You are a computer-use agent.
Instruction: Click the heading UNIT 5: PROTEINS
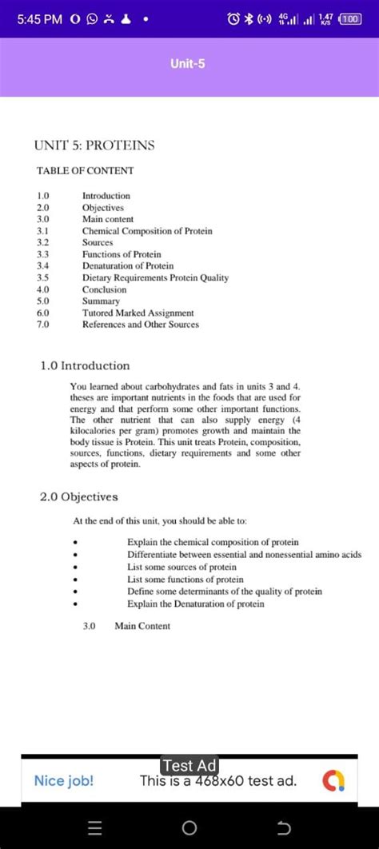pos(94,145)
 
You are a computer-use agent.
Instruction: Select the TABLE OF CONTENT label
pos(86,170)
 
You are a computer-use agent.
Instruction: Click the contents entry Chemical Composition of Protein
pos(147,231)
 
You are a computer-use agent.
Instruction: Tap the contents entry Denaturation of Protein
pos(128,265)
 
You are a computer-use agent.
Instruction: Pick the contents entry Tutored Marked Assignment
pos(138,313)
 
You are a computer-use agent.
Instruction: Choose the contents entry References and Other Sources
pos(141,325)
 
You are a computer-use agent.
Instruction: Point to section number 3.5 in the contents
pos(43,277)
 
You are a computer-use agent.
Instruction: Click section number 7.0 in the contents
pos(43,325)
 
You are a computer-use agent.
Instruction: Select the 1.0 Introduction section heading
pos(85,365)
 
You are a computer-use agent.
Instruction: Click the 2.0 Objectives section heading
pos(78,496)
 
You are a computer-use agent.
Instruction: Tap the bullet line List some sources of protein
pos(182,567)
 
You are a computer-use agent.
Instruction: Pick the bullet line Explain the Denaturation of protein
pos(195,604)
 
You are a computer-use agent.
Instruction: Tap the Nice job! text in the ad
pos(64,780)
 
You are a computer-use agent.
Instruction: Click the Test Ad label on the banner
pos(189,766)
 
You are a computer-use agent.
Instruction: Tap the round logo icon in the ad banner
pos(335,781)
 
